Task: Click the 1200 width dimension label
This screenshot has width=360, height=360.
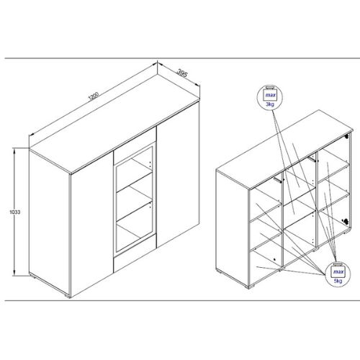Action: (x=94, y=96)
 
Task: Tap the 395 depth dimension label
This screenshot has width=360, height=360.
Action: (x=181, y=73)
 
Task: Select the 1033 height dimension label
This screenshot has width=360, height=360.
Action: (x=15, y=212)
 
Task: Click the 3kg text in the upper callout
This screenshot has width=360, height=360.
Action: (x=270, y=104)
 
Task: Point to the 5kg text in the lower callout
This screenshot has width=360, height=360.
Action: (x=338, y=281)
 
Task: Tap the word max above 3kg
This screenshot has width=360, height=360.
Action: (x=270, y=95)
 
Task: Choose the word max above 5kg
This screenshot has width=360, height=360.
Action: (x=338, y=271)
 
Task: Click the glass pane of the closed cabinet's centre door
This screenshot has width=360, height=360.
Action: (x=134, y=199)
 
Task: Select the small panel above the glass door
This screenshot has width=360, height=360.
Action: (x=135, y=145)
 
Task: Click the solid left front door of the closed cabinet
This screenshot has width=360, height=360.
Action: (x=92, y=223)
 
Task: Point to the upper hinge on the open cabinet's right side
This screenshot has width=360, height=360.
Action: (x=346, y=136)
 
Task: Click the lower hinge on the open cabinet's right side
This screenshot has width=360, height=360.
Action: (x=346, y=221)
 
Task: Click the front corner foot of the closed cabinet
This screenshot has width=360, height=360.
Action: (x=68, y=297)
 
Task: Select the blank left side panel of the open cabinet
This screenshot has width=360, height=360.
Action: (x=232, y=229)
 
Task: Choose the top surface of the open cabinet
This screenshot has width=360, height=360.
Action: (x=284, y=149)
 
